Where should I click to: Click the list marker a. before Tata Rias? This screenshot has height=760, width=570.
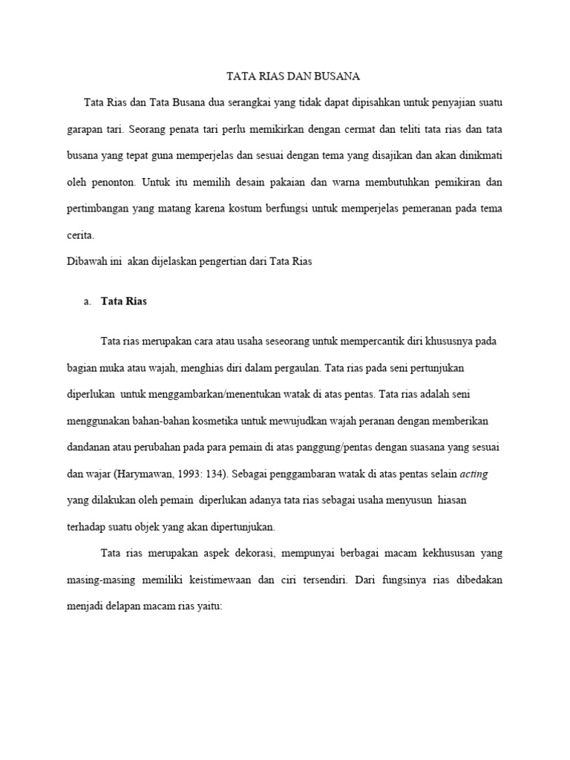(88, 301)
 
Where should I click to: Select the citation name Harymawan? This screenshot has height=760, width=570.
(148, 474)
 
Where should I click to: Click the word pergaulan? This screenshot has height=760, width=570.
(293, 367)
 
